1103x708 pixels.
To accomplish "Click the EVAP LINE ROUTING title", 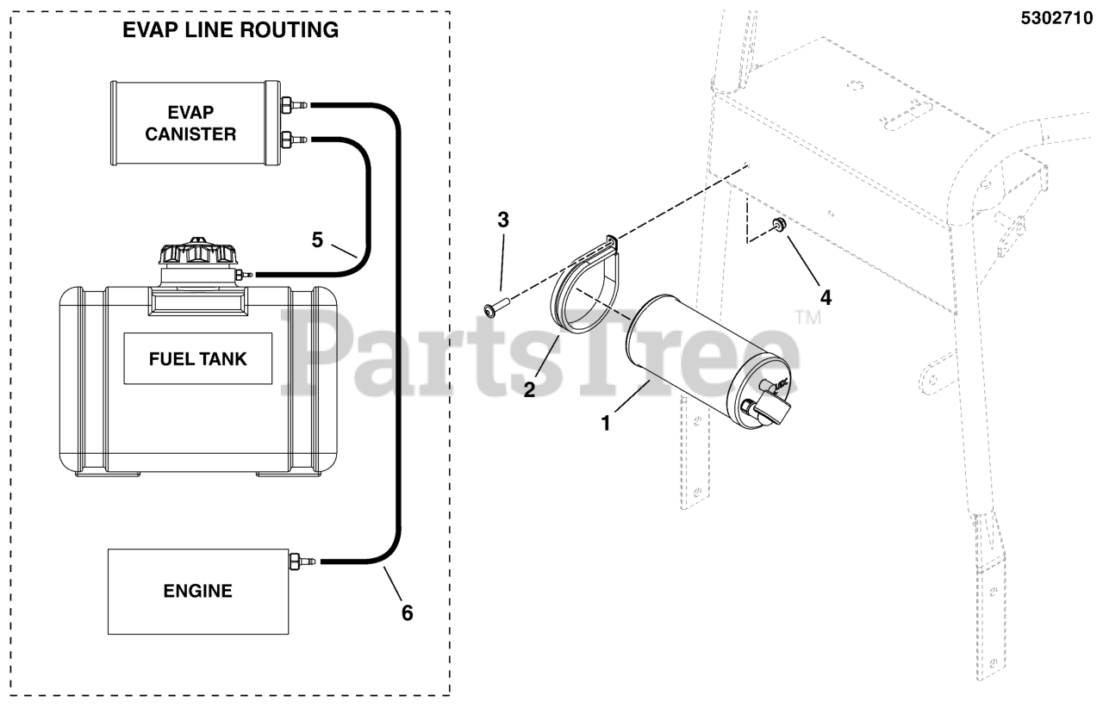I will (230, 30).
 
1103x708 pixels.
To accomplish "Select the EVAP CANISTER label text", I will (190, 124).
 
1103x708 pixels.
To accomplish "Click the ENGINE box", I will (197, 591).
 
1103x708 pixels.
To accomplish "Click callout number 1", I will (606, 423).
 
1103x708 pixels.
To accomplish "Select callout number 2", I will (529, 388).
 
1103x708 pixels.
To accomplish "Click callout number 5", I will (317, 239).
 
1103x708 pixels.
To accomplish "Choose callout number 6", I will (407, 612).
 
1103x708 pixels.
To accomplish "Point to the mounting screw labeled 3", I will (496, 306).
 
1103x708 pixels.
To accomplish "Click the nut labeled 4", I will (778, 226).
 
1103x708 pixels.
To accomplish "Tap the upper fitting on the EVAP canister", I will (293, 105).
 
